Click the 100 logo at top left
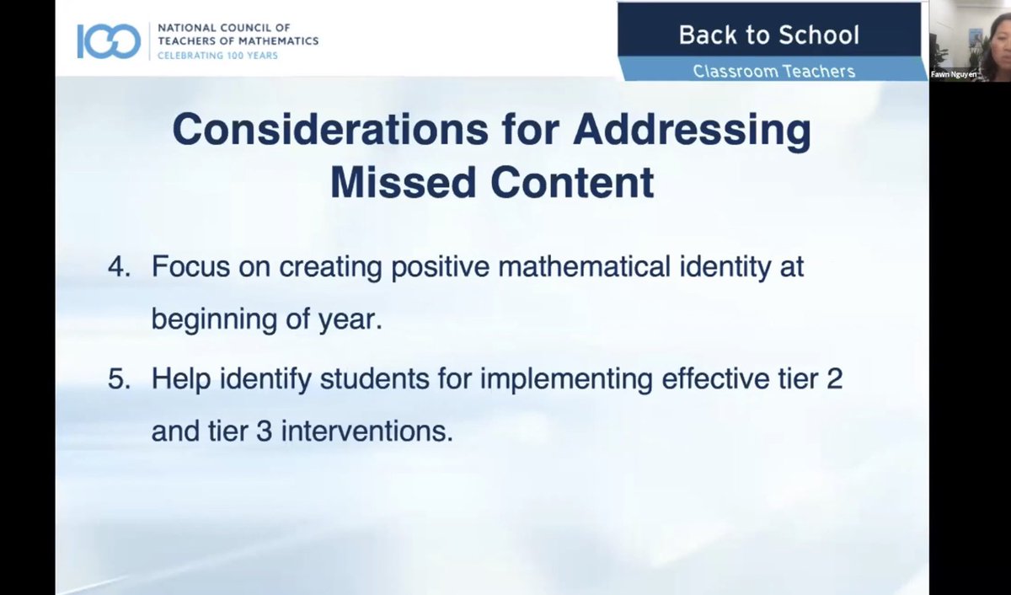109,40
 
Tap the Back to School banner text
768,35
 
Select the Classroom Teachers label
773,72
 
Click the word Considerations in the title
329,130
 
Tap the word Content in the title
573,183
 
